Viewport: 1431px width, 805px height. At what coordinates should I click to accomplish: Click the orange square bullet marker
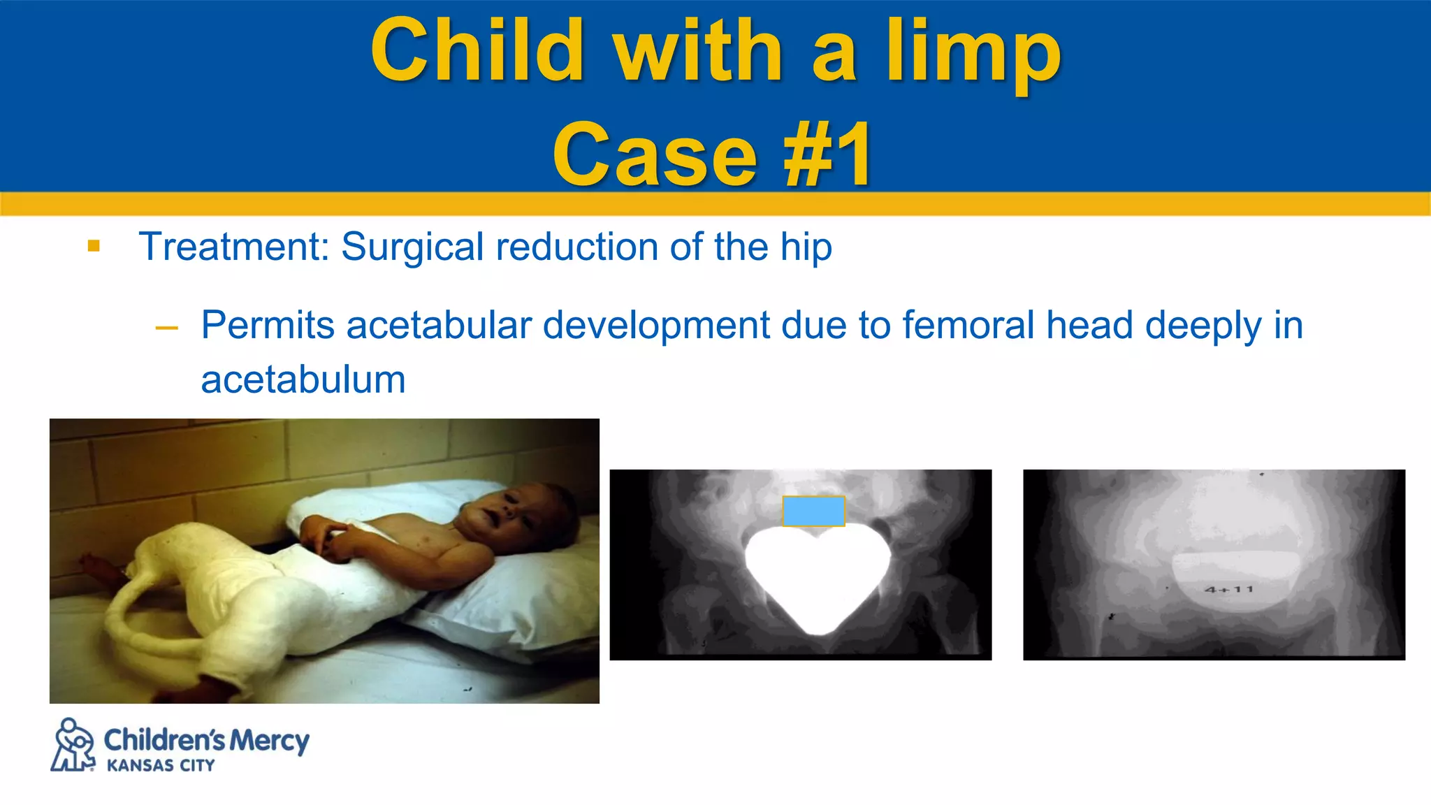(x=94, y=246)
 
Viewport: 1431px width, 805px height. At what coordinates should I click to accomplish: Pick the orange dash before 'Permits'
(x=167, y=327)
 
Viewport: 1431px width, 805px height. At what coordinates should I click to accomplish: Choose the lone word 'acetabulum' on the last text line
(x=303, y=380)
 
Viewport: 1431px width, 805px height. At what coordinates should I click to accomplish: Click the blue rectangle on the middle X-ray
(x=813, y=511)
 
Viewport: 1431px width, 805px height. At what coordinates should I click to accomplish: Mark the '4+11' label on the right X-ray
(x=1229, y=590)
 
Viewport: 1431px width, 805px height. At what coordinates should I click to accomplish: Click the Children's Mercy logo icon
(x=73, y=745)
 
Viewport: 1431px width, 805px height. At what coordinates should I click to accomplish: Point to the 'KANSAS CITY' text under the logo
(x=161, y=766)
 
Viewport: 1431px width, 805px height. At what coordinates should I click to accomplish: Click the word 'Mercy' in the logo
(x=269, y=741)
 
